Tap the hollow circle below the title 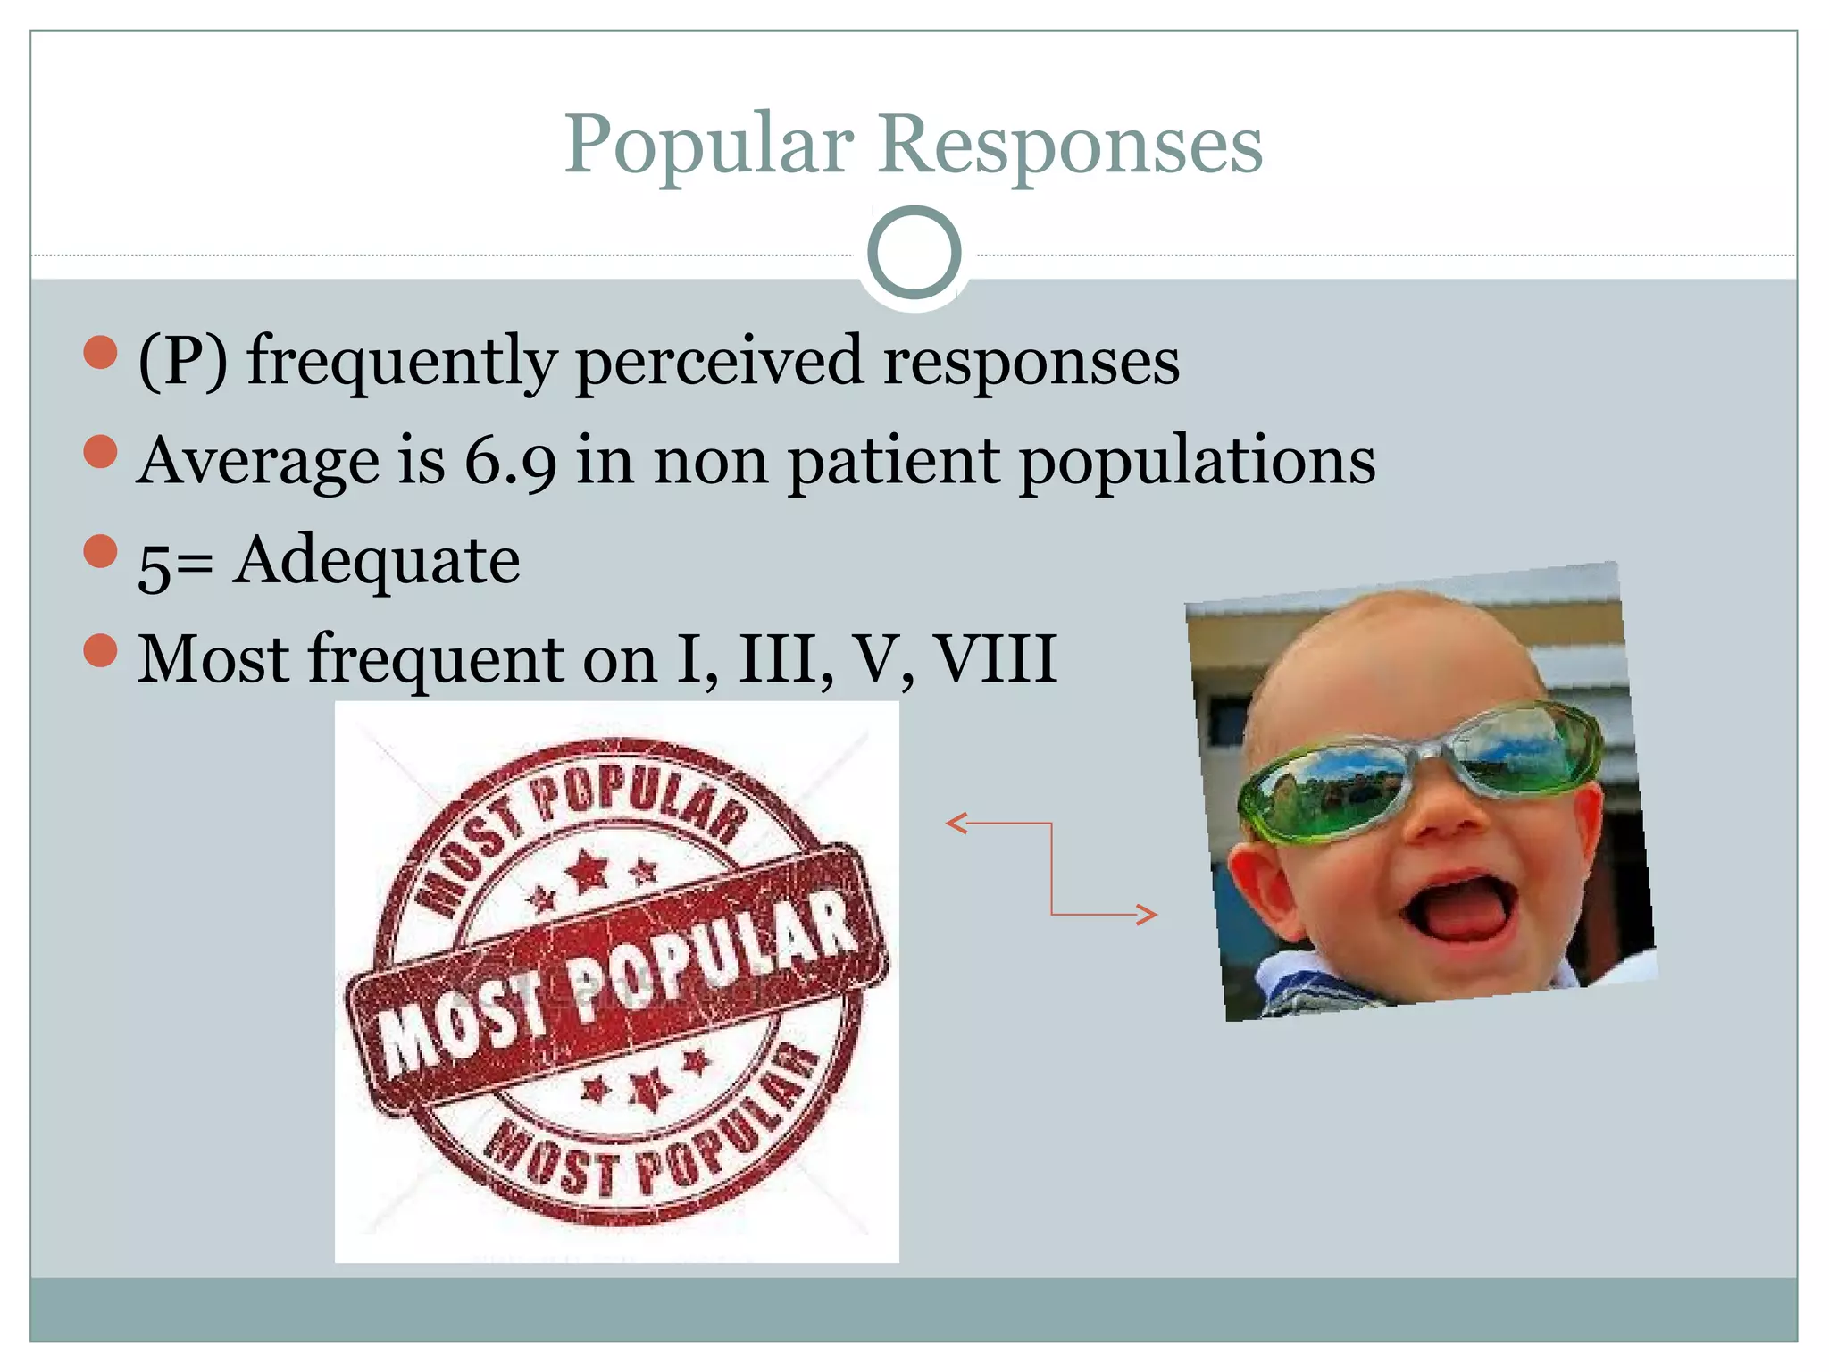click(x=914, y=253)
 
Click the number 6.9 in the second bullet click(x=510, y=461)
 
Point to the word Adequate click(x=376, y=561)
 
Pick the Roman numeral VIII click(x=995, y=659)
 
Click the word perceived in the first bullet click(x=719, y=362)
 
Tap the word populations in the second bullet click(x=1197, y=463)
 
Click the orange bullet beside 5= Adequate click(x=100, y=551)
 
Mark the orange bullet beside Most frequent click(x=100, y=650)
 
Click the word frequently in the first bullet click(x=402, y=362)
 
